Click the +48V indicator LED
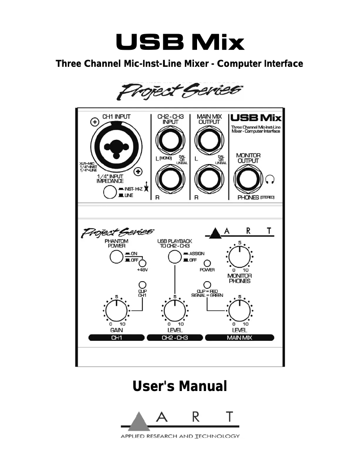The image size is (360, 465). [x=143, y=263]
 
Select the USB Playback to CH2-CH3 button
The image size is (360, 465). [x=174, y=257]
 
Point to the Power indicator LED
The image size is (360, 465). [x=207, y=263]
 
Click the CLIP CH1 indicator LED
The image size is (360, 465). [x=142, y=285]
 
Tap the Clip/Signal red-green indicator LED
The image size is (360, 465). [x=207, y=284]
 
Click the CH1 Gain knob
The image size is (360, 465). [x=116, y=310]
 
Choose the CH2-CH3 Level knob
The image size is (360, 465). [x=175, y=310]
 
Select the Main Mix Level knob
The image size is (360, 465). [x=240, y=310]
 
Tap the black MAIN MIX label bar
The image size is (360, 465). [x=240, y=338]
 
